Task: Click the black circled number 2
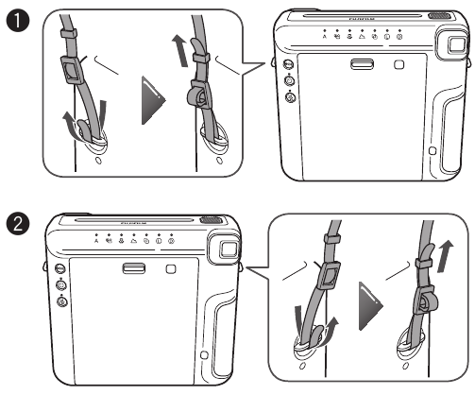pyautogui.click(x=13, y=226)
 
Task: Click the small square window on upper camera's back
pyautogui.click(x=399, y=65)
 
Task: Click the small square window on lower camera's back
pyautogui.click(x=170, y=269)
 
